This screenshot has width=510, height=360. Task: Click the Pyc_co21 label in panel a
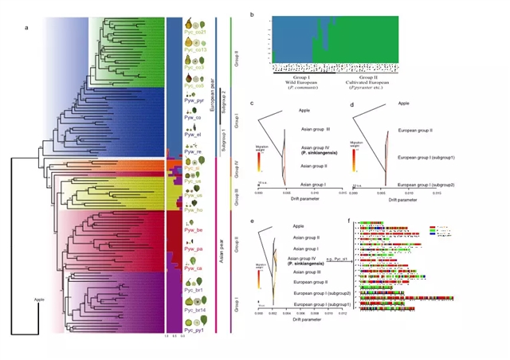pyautogui.click(x=196, y=33)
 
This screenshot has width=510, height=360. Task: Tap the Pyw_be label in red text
pyautogui.click(x=194, y=229)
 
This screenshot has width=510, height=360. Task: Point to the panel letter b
pyautogui.click(x=253, y=14)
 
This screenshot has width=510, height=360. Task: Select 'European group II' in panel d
pyautogui.click(x=415, y=130)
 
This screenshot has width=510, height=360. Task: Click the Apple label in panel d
pyautogui.click(x=403, y=104)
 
